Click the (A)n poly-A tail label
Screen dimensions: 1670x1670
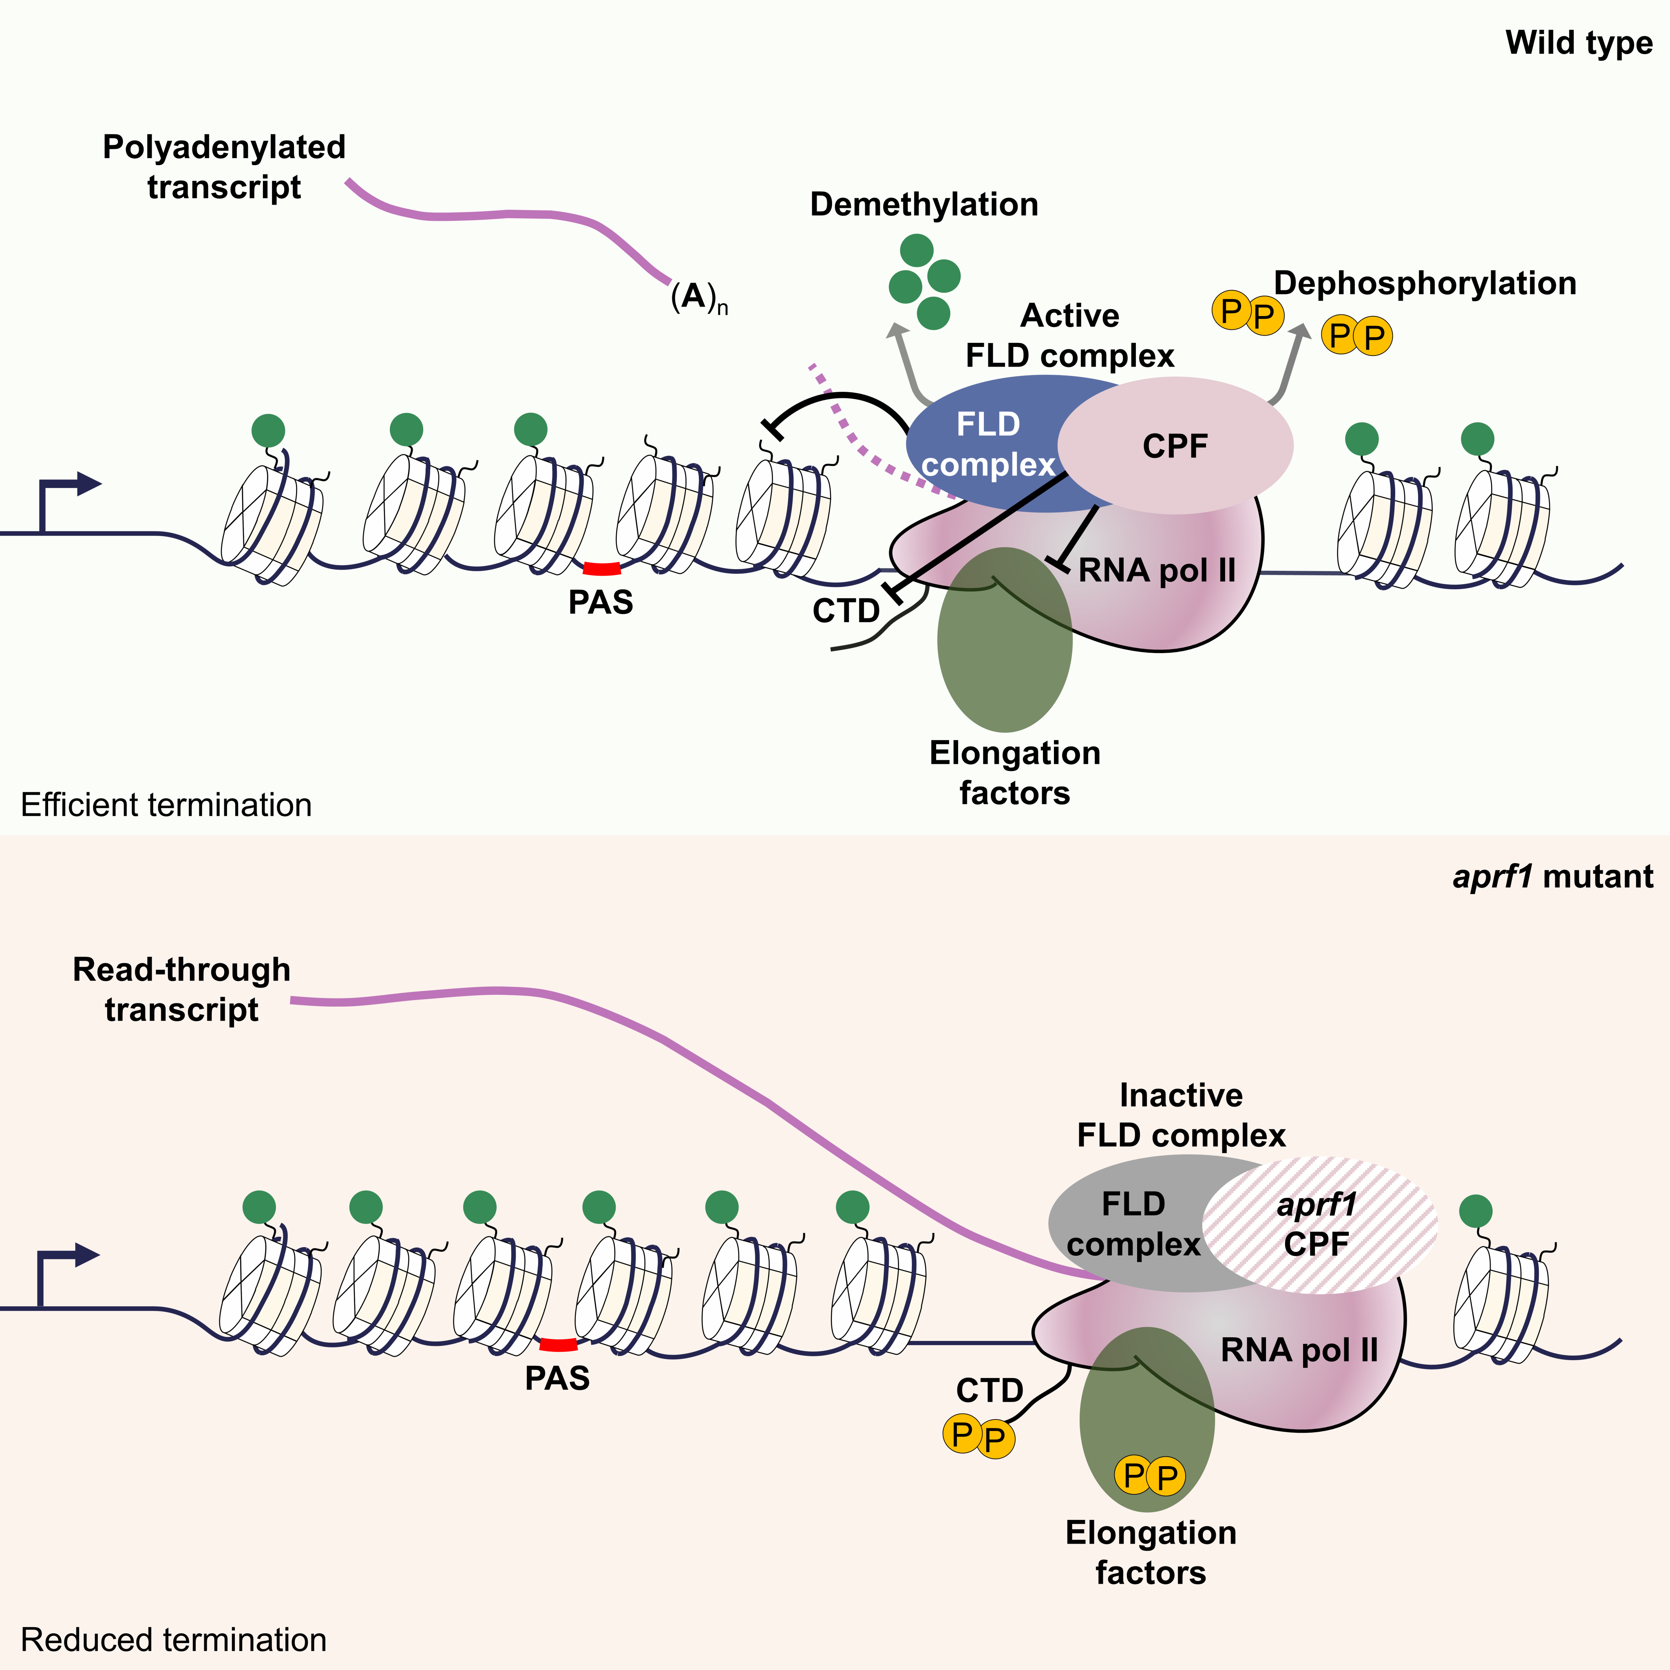coord(698,298)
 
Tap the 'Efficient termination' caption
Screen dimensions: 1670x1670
coord(166,805)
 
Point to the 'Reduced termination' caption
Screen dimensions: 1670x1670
coord(173,1640)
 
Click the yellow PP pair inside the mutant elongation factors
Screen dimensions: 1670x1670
coord(1150,1476)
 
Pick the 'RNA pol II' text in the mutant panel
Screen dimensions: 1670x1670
coord(1298,1350)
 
